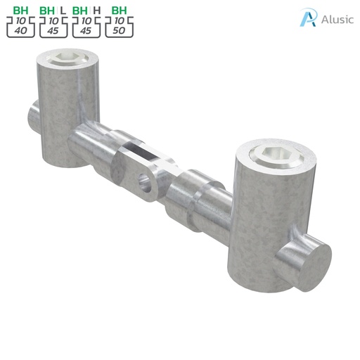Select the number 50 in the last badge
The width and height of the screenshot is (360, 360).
pyautogui.click(x=119, y=32)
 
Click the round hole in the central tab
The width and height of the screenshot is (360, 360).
pyautogui.click(x=146, y=183)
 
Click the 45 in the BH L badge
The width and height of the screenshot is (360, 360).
pyautogui.click(x=53, y=32)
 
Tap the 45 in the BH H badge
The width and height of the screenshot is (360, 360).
pyautogui.click(x=86, y=32)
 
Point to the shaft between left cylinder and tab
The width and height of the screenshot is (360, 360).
pyautogui.click(x=98, y=144)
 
